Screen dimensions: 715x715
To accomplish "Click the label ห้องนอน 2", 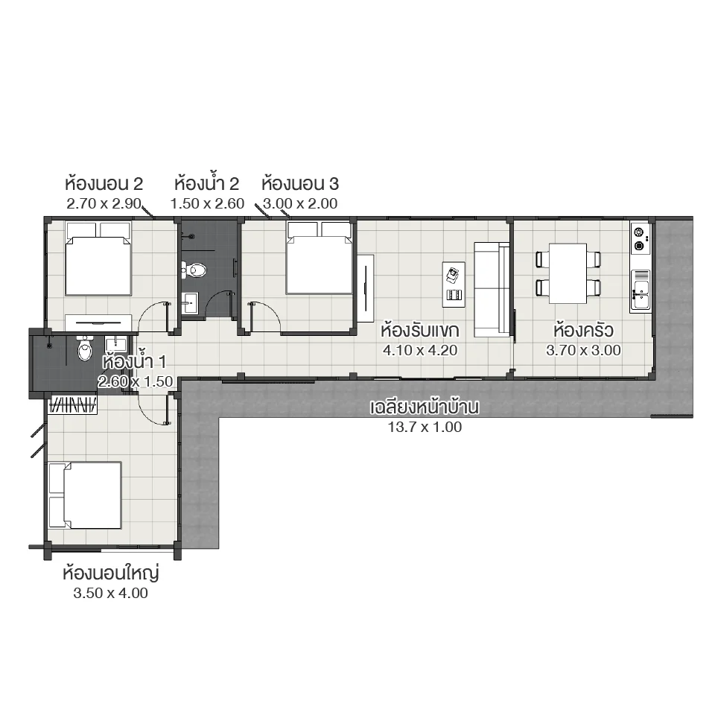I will [x=104, y=183].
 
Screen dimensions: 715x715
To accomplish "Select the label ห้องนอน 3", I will [x=299, y=183].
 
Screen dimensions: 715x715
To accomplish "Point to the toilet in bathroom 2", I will [x=196, y=270].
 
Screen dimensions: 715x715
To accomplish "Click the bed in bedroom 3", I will [x=319, y=257].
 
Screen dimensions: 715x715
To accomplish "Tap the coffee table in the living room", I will [x=453, y=284].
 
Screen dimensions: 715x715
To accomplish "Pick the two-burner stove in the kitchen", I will [x=639, y=238].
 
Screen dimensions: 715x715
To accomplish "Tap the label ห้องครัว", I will [x=583, y=330].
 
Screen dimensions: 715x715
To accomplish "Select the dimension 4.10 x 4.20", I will [x=420, y=350].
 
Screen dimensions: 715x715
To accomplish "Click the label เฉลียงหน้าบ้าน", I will [x=424, y=407].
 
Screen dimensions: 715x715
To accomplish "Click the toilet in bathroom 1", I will [x=84, y=350].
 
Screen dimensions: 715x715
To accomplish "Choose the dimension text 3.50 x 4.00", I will [x=112, y=594].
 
